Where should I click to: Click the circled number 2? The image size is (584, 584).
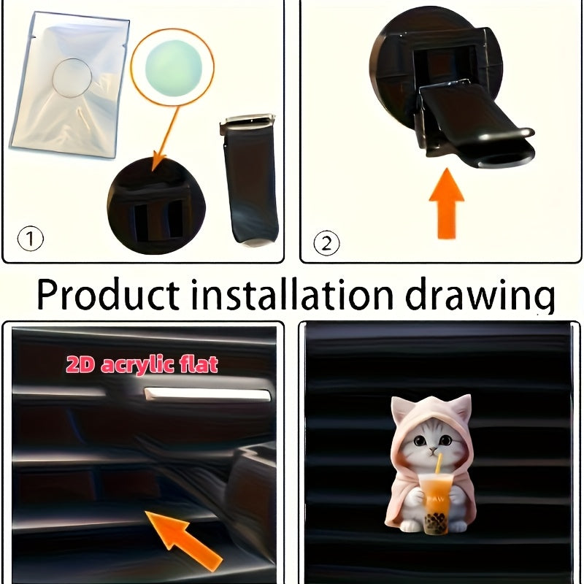tap(326, 242)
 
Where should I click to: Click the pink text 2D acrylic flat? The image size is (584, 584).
tap(142, 365)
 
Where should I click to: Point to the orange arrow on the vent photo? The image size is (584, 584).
tap(184, 538)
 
